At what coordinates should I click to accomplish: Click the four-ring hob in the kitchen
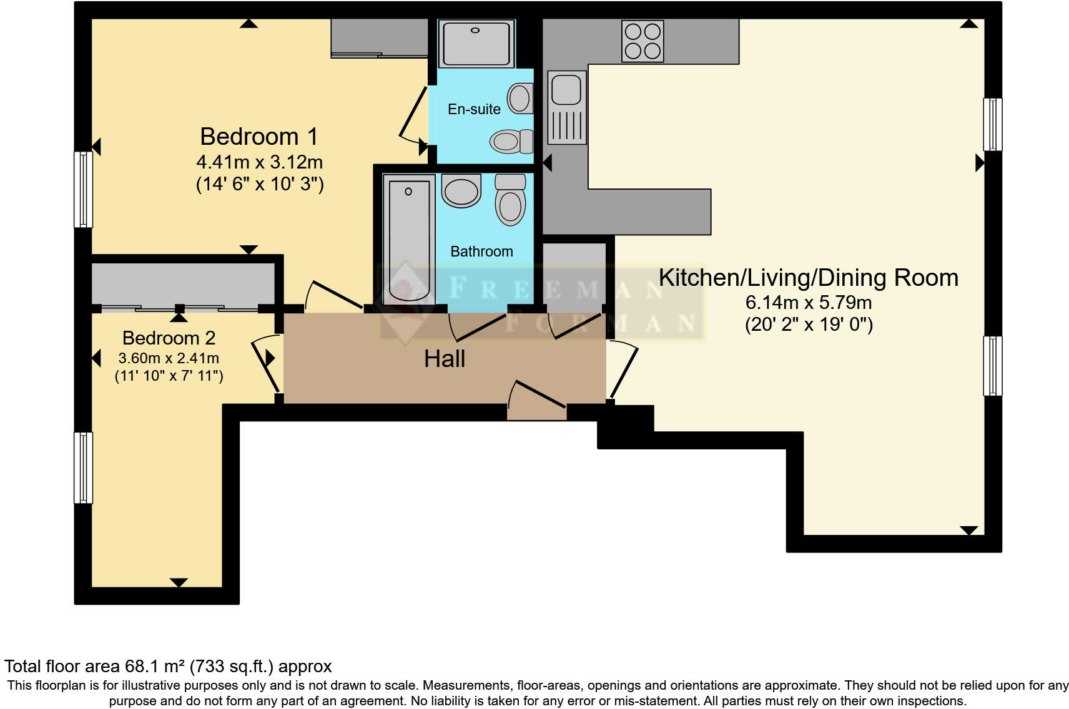[643, 41]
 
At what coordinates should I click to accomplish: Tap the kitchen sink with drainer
[567, 107]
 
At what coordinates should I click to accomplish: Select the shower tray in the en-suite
[476, 43]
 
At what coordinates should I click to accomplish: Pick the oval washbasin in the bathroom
[461, 190]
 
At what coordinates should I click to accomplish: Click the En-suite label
[474, 109]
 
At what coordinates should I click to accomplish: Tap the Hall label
[445, 359]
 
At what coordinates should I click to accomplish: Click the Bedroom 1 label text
[259, 136]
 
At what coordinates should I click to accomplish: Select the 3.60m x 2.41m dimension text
[169, 358]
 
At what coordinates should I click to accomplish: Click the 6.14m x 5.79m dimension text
[808, 303]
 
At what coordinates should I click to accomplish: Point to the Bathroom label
[481, 252]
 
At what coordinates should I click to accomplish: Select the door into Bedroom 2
[265, 365]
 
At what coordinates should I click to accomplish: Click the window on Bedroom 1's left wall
[83, 189]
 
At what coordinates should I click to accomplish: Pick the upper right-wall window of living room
[992, 124]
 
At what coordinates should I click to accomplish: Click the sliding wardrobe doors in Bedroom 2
[180, 308]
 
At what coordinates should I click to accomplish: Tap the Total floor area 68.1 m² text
[168, 667]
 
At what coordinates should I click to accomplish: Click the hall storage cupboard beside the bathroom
[574, 275]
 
